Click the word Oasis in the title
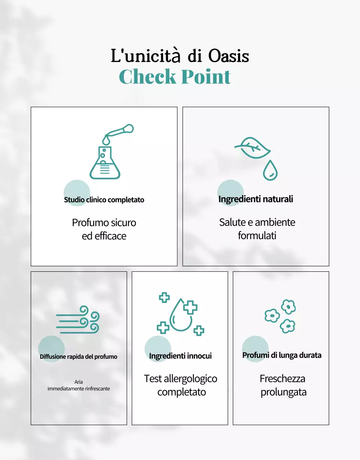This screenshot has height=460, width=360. (229, 56)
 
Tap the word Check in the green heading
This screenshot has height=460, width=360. (147, 77)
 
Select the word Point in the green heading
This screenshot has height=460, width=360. (206, 77)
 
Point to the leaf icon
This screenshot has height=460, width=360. (252, 147)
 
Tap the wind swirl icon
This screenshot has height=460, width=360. (78, 319)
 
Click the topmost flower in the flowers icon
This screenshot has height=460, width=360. (288, 307)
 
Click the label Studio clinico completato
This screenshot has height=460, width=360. (104, 200)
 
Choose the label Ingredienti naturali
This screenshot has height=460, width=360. (256, 199)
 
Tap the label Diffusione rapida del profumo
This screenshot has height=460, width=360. (78, 356)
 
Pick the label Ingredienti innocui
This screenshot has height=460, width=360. (180, 356)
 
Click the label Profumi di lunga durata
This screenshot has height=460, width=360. (282, 355)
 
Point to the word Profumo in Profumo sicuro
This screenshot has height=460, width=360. (90, 223)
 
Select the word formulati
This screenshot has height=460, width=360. (257, 236)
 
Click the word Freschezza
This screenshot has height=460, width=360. (282, 379)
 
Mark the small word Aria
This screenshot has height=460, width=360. (78, 382)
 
